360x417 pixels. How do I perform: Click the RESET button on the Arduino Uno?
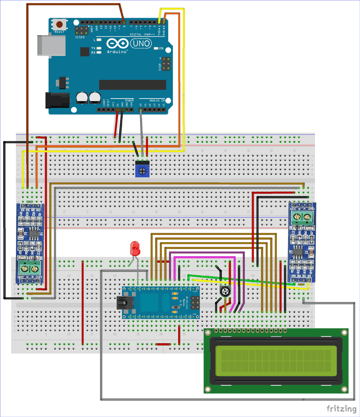(x=59, y=25)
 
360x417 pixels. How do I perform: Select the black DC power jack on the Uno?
(x=57, y=100)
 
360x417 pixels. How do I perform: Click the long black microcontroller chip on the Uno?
(x=132, y=85)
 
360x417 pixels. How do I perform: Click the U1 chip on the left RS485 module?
(x=34, y=233)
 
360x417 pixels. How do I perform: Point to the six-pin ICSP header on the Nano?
(x=195, y=303)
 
